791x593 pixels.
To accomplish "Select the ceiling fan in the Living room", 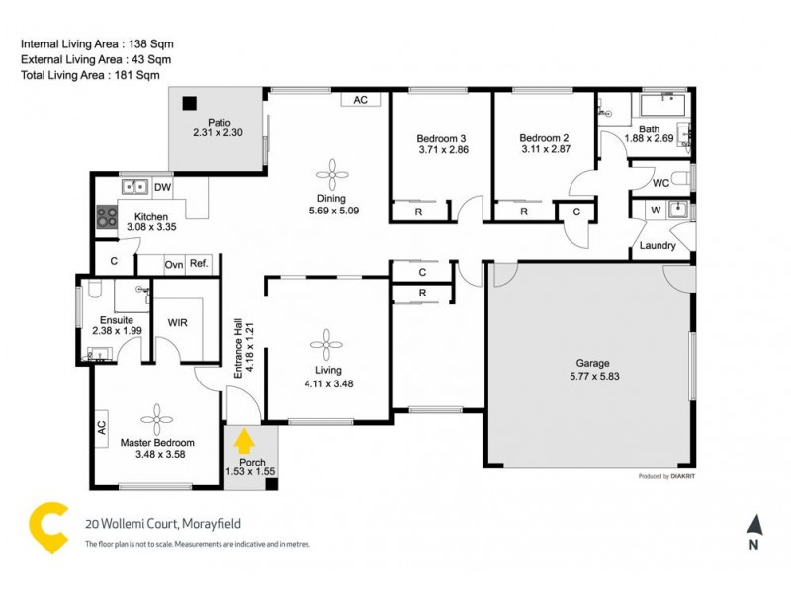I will (324, 344).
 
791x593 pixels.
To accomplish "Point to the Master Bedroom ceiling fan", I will (157, 416).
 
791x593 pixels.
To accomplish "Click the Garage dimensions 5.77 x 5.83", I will (593, 376).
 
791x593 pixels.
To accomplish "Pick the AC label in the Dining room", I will (360, 100).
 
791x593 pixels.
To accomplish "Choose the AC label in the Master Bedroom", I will (101, 428).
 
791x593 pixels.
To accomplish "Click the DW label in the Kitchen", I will (163, 187).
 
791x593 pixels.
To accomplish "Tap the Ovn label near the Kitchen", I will (174, 264).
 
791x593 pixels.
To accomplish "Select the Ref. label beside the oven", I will (199, 264).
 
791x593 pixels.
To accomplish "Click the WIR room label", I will (178, 322).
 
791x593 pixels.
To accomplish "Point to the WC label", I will (661, 184).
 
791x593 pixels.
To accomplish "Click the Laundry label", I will (658, 246).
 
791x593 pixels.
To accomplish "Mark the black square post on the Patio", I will (188, 100).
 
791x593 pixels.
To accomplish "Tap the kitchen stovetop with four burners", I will (106, 217).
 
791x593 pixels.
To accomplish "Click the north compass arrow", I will (753, 525).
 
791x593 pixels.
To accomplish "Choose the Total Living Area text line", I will (90, 74).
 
